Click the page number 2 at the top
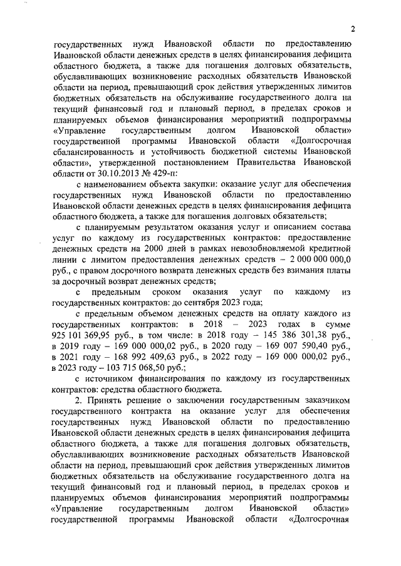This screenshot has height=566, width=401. click(353, 28)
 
